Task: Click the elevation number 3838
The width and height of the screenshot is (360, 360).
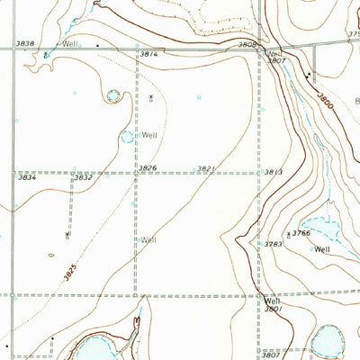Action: pyautogui.click(x=25, y=43)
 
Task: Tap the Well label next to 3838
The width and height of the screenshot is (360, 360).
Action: pyautogui.click(x=70, y=43)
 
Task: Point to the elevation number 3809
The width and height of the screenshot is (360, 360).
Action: pyautogui.click(x=247, y=43)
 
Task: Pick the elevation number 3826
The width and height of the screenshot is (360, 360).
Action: pyautogui.click(x=148, y=167)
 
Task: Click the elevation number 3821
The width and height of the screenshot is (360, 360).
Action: pyautogui.click(x=206, y=168)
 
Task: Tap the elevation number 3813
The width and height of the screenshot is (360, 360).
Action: pyautogui.click(x=274, y=172)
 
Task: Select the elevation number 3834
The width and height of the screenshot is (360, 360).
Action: pyautogui.click(x=27, y=178)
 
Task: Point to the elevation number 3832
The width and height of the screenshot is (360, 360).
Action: pyautogui.click(x=83, y=178)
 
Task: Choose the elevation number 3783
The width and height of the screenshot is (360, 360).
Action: pyautogui.click(x=274, y=243)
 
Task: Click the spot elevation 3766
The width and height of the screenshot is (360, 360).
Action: pyautogui.click(x=301, y=233)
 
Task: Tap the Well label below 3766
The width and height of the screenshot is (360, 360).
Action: pyautogui.click(x=322, y=249)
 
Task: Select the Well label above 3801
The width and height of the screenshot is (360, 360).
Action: pyautogui.click(x=273, y=301)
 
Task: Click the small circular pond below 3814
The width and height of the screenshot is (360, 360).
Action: pyautogui.click(x=114, y=94)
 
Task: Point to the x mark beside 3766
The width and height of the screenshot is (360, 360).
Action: pyautogui.click(x=288, y=233)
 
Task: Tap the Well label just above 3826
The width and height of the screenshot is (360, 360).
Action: pyautogui.click(x=149, y=135)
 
